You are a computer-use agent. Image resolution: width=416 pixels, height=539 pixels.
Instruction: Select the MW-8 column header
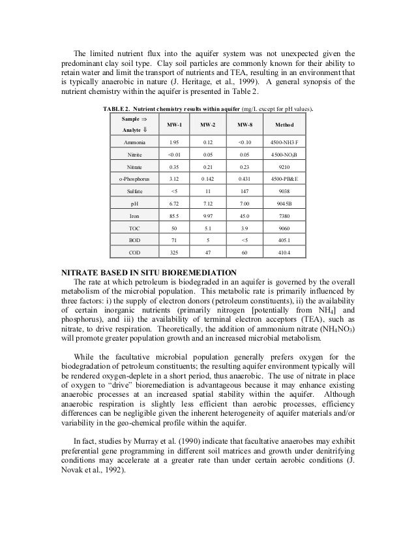coord(245,124)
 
